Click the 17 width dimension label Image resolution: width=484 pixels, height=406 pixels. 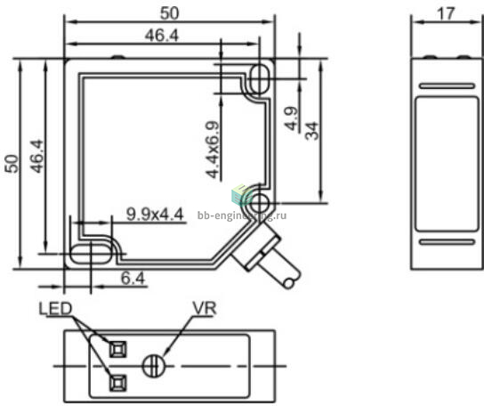tap(446, 14)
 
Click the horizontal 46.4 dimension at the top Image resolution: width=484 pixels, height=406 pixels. tap(162, 36)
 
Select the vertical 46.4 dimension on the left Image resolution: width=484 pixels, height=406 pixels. tap(36, 157)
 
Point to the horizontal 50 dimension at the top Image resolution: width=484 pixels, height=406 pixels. tap(169, 13)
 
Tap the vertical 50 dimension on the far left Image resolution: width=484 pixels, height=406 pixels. tap(12, 164)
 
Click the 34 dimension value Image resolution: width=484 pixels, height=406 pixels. tap(311, 131)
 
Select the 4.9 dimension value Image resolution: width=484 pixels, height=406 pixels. tap(291, 118)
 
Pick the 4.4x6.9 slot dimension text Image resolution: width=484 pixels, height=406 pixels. tap(213, 150)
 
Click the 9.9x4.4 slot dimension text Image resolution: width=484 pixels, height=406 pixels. tap(155, 214)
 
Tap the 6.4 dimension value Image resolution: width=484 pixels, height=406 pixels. tap(133, 279)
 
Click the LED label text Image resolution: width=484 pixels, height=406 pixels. tap(55, 308)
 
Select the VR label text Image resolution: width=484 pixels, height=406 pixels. tap(205, 308)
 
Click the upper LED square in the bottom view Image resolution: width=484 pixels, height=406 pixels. tap(118, 349)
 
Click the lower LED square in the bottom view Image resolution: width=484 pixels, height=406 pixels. tap(118, 383)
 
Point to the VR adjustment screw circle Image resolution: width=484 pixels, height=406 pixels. tap(154, 366)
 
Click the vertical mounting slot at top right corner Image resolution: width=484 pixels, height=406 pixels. tap(259, 78)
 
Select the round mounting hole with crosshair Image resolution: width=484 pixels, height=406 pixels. tap(260, 203)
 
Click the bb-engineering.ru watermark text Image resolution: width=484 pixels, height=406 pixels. tap(242, 215)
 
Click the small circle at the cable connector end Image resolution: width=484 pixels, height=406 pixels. tap(289, 283)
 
